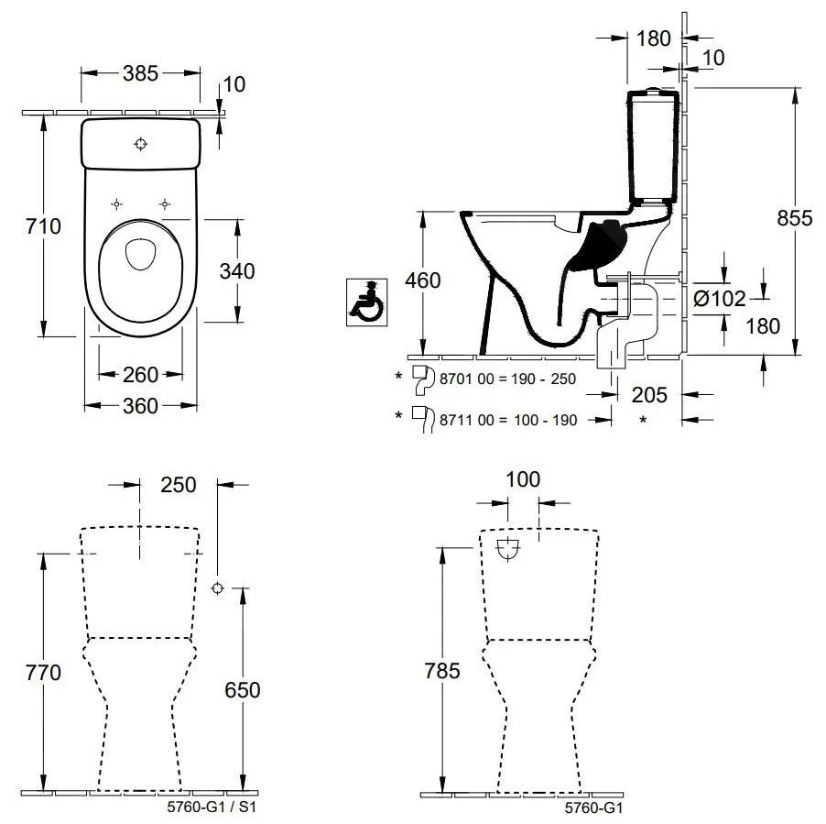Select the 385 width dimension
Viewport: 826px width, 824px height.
[x=140, y=72]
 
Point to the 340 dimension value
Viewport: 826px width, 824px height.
[x=236, y=270]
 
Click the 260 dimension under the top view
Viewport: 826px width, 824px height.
[x=140, y=374]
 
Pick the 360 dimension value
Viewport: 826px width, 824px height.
[x=140, y=405]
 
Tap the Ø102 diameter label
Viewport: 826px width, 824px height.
[x=720, y=298]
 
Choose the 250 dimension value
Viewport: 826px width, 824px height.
[x=178, y=485]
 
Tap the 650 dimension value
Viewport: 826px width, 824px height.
[x=242, y=689]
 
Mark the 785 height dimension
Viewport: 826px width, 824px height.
[x=443, y=672]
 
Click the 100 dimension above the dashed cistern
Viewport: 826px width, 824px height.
[x=523, y=478]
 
